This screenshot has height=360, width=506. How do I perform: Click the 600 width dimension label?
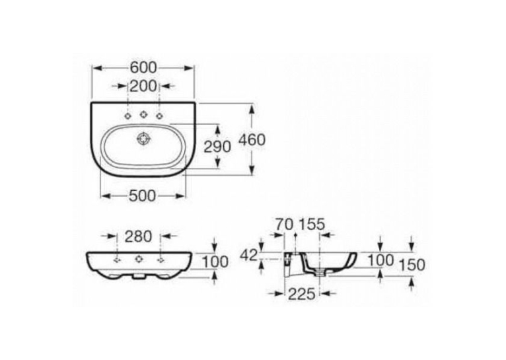coord(143,68)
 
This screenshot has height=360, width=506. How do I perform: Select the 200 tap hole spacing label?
coord(143,86)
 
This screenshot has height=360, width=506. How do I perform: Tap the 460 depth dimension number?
coord(252,139)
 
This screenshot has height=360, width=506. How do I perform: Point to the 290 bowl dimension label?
coord(217,147)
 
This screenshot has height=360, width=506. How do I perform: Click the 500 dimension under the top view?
coord(142,196)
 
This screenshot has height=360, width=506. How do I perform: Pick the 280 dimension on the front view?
coord(138,236)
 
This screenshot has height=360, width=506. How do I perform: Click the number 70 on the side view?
coord(284,225)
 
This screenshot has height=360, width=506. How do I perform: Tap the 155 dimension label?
coord(312,225)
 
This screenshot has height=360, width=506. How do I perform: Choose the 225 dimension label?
coord(301,294)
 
